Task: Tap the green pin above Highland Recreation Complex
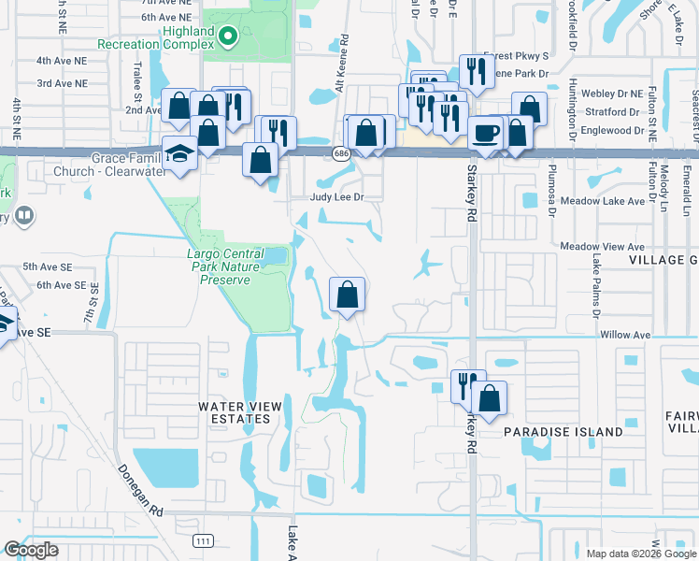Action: click(x=227, y=36)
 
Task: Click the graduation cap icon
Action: click(x=179, y=154)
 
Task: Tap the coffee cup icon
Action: click(x=485, y=133)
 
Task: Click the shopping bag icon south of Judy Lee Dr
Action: click(x=347, y=295)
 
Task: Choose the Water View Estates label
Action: click(x=234, y=412)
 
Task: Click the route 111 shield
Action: click(x=203, y=540)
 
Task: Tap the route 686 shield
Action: click(x=339, y=151)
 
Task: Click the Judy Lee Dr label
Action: click(x=336, y=197)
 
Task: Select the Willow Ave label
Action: click(x=625, y=334)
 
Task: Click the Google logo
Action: click(x=31, y=550)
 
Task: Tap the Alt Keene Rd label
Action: click(x=345, y=56)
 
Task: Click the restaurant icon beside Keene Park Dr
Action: click(x=477, y=73)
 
